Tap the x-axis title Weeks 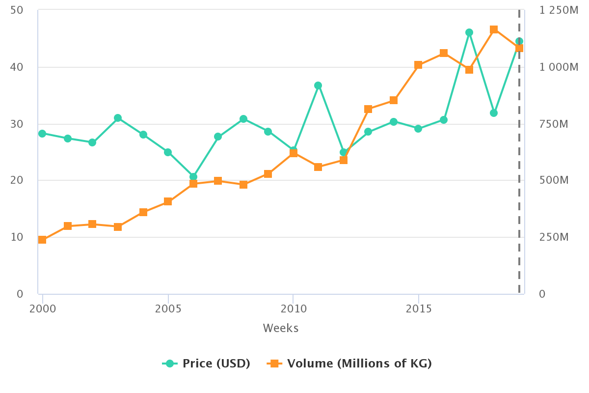pos(281,328)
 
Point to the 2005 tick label pos(168,309)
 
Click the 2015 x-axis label pos(419,309)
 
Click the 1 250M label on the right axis pos(559,10)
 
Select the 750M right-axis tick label pos(554,124)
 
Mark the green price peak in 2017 pos(469,32)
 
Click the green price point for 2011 pos(318,85)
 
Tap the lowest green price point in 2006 pos(193,177)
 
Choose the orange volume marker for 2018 pos(494,29)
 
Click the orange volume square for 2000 pos(42,240)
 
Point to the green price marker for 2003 pos(118,118)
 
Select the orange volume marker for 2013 pos(368,109)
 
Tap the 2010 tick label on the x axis pos(293,309)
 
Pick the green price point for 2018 pos(494,113)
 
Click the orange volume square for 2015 pos(418,65)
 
